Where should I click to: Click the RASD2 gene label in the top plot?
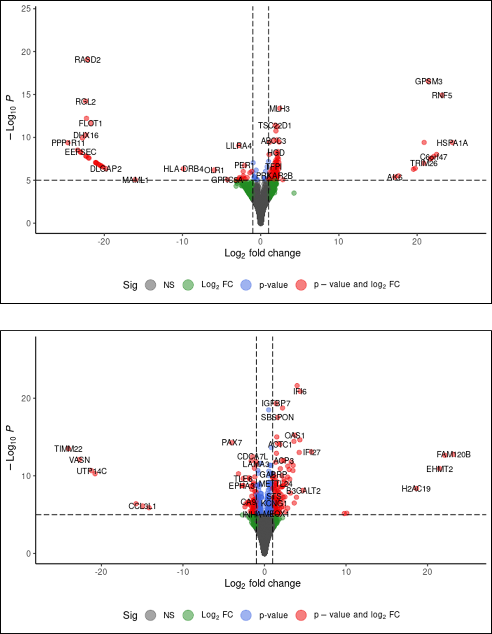point(88,60)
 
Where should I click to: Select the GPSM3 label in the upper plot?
point(428,82)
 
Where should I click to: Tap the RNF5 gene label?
point(442,96)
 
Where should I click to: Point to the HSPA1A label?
point(452,143)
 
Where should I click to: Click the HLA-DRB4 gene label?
point(183,169)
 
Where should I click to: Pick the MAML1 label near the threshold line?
point(135,180)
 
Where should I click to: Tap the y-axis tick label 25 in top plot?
point(26,9)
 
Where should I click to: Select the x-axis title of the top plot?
point(262,253)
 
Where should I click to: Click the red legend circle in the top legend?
point(301,285)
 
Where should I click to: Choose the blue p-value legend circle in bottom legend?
point(246,615)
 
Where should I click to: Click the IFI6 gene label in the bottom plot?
point(300,392)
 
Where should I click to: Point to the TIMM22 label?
point(68,449)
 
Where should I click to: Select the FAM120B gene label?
point(453,454)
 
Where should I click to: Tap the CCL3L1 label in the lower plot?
point(142,507)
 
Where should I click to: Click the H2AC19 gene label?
point(416,489)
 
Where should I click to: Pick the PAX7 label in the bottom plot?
point(231,443)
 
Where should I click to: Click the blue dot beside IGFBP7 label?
point(269,410)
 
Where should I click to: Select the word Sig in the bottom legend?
point(130,615)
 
